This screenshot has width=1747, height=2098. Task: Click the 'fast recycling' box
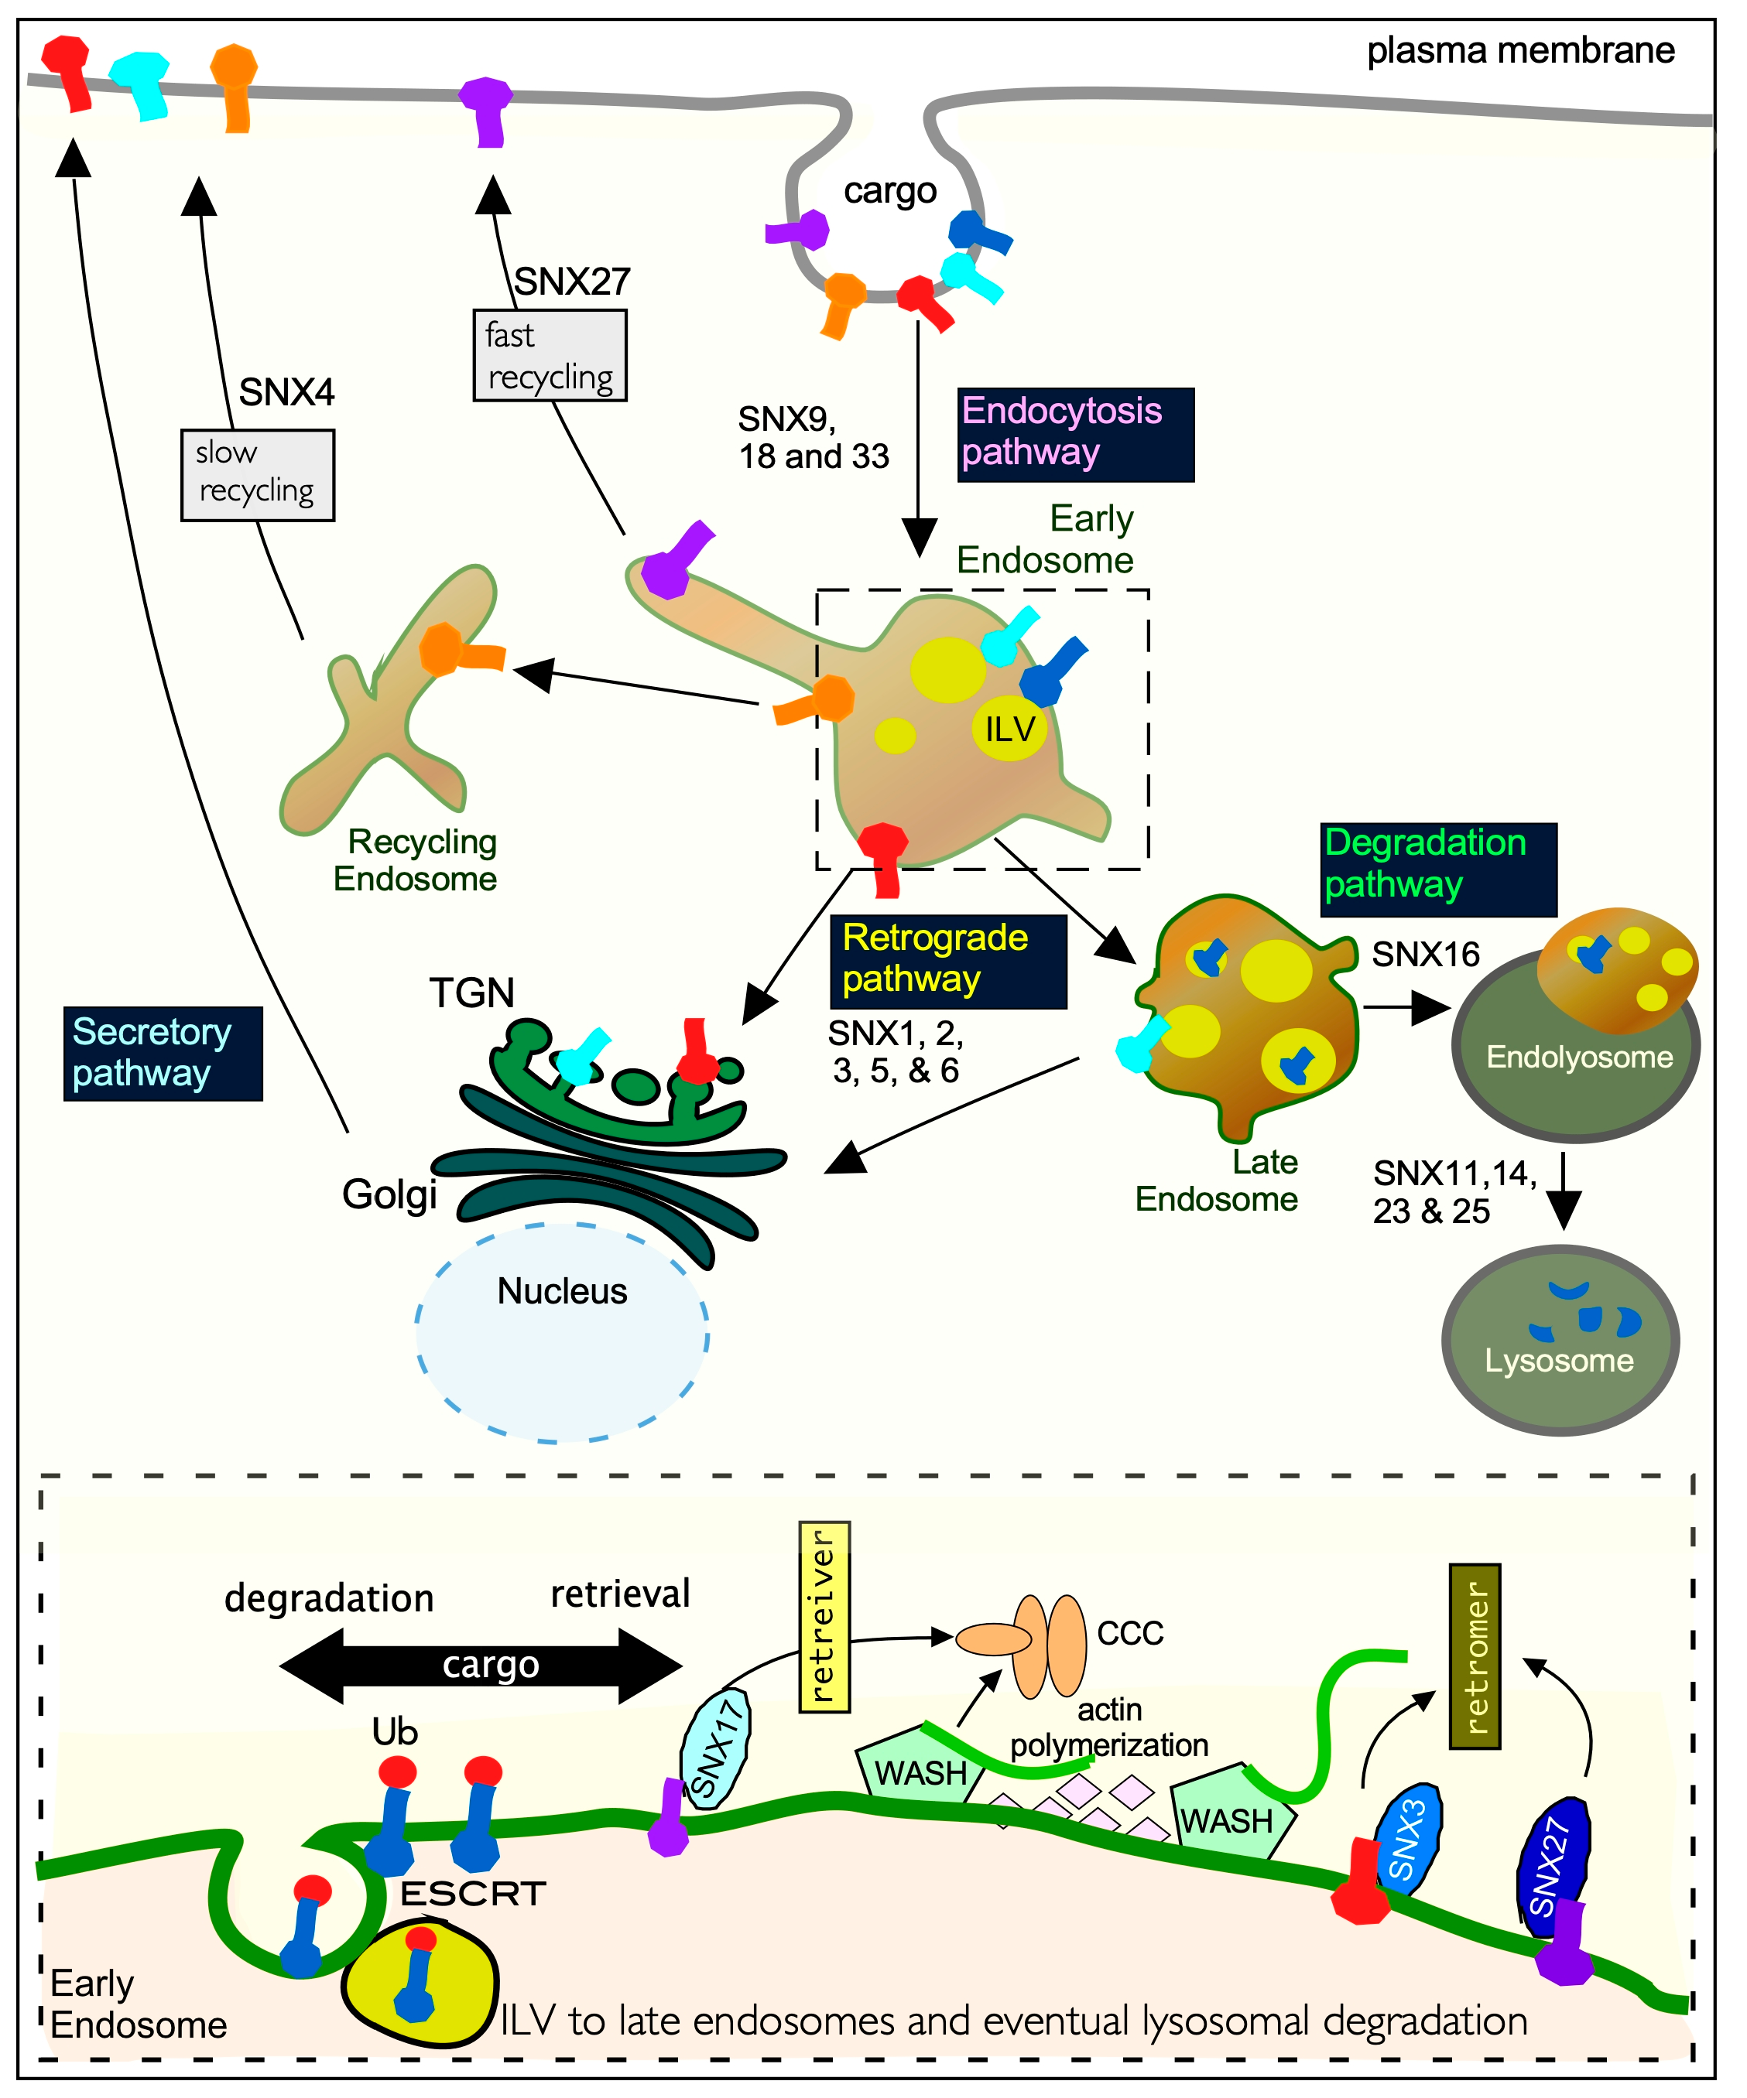pos(550,356)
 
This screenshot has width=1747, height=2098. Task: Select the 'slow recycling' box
pos(257,474)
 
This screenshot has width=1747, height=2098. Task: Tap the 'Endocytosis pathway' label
pos(1074,435)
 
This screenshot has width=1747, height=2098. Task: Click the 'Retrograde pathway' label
pos(947,961)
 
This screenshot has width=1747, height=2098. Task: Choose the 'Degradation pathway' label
pos(1438,870)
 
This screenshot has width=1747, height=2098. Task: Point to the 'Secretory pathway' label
pos(163,1054)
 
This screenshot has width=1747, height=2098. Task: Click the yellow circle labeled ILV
pos(1009,728)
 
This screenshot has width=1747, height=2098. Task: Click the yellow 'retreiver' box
pos(824,1618)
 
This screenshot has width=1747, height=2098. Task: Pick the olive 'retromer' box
pos(1475,1657)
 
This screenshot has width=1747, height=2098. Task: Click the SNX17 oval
pos(715,1749)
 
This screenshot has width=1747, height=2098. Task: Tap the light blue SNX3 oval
pos(1407,1835)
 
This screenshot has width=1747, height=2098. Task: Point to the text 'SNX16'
pos(1425,955)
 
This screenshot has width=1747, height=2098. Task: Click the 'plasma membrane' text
pos(1519,50)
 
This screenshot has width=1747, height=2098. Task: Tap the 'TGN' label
pos(471,993)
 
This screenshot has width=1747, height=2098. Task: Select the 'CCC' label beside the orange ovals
pos(1130,1633)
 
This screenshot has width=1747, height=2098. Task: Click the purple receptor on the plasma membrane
pos(487,110)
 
